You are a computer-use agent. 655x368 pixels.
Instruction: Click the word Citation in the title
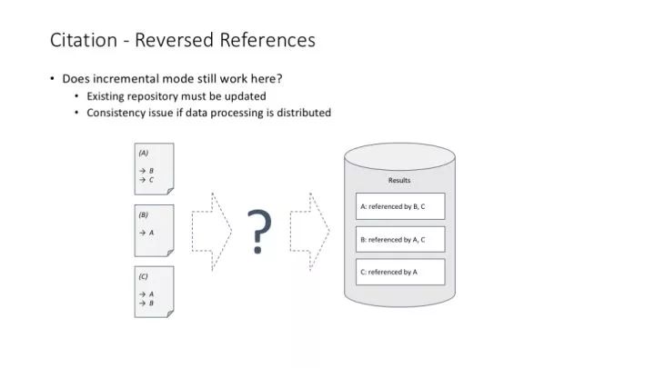pyautogui.click(x=84, y=40)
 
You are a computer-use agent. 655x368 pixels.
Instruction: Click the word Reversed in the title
pyautogui.click(x=174, y=40)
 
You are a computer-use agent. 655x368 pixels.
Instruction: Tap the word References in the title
pyautogui.click(x=267, y=40)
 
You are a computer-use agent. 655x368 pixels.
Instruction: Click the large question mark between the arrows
pyautogui.click(x=259, y=232)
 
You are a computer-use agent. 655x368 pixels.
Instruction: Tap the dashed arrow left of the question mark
pyautogui.click(x=211, y=232)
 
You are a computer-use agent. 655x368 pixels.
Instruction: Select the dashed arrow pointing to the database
pyautogui.click(x=309, y=232)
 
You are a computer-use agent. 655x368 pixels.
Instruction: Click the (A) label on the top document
pyautogui.click(x=144, y=154)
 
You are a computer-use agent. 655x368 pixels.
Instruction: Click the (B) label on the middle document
pyautogui.click(x=144, y=214)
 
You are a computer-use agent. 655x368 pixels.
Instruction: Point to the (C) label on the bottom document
pyautogui.click(x=144, y=276)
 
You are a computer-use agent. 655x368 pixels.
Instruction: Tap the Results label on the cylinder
pyautogui.click(x=399, y=180)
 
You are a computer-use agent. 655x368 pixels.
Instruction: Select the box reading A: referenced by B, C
pyautogui.click(x=400, y=206)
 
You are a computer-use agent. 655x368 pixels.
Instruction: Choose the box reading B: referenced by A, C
pyautogui.click(x=400, y=240)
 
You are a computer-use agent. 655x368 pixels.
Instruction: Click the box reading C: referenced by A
pyautogui.click(x=400, y=272)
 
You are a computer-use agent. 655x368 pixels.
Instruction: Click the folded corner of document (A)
pyautogui.click(x=170, y=191)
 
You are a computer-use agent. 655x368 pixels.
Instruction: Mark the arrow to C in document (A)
pyautogui.click(x=143, y=180)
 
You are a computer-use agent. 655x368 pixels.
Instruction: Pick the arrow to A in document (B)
pyautogui.click(x=143, y=233)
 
